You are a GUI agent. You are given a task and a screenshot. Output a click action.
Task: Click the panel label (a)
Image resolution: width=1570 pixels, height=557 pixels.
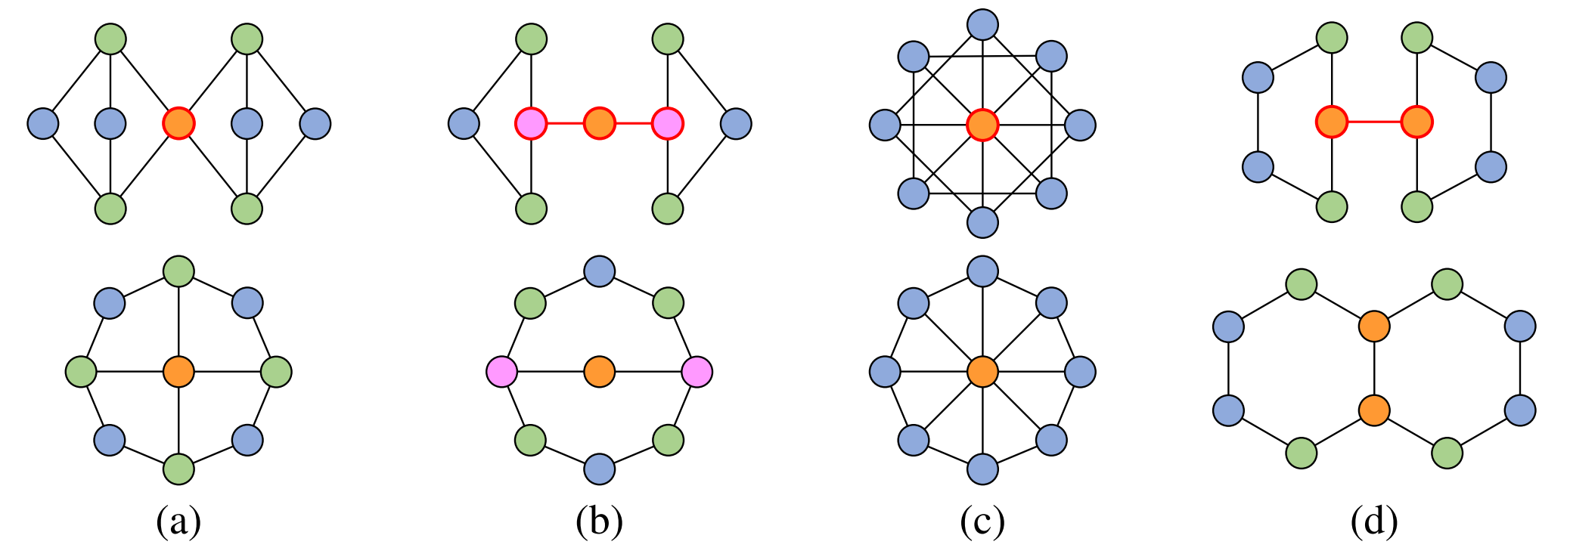[x=178, y=521]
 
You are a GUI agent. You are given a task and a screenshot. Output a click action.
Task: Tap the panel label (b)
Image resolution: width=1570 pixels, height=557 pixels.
[x=599, y=521]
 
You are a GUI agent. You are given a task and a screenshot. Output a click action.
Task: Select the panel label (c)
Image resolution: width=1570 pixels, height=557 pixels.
[x=982, y=521]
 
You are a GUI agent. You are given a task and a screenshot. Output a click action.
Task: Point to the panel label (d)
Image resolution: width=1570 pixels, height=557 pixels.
[x=1374, y=521]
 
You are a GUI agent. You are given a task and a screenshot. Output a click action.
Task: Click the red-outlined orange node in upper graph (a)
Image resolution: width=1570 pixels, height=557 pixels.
[x=178, y=123]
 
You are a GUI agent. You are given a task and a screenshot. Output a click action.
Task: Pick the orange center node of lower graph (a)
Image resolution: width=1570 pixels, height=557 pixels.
[x=178, y=372]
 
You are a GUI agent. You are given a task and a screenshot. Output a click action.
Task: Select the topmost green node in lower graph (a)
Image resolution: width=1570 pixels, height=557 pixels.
[x=178, y=271]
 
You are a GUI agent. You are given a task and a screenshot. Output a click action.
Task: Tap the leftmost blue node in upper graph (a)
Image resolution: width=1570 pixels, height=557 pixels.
[x=43, y=123]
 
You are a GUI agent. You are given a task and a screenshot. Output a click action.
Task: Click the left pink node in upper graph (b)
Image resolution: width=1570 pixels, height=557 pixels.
[x=531, y=123]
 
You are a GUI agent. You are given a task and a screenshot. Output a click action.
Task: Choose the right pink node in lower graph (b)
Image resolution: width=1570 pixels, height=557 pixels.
[x=697, y=372]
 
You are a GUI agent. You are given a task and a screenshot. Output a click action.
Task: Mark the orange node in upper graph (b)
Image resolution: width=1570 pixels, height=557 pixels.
[x=599, y=123]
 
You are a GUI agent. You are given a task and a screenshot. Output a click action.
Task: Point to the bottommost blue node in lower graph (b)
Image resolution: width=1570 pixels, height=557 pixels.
[x=599, y=469]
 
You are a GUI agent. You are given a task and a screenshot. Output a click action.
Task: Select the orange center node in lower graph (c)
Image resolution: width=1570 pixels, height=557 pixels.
[x=982, y=372]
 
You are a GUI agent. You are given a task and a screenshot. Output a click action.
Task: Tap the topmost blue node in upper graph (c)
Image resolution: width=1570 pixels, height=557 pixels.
[x=982, y=24]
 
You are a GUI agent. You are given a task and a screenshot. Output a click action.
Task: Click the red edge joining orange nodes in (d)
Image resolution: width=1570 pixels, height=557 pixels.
[x=1374, y=122]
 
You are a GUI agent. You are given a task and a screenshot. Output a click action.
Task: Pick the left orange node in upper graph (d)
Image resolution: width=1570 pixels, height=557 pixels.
[x=1332, y=122]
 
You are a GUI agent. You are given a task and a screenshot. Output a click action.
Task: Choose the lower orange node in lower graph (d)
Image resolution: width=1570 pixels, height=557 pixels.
[x=1374, y=410]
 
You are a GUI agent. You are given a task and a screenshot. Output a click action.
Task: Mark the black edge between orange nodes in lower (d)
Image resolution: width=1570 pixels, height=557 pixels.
[x=1374, y=369]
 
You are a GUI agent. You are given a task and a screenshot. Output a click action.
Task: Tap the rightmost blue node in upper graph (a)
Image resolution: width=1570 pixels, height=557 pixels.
[x=315, y=123]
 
